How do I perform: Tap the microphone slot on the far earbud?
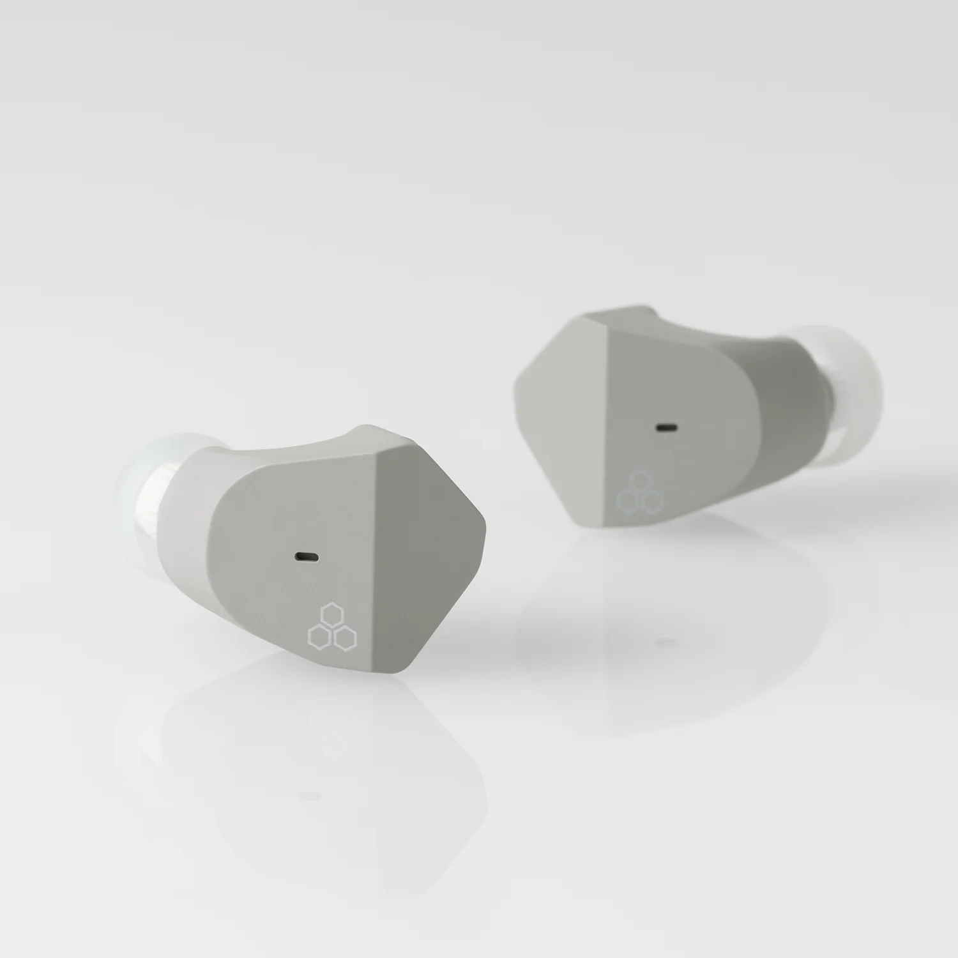click(668, 427)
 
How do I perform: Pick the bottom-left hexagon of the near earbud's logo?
click(319, 635)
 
